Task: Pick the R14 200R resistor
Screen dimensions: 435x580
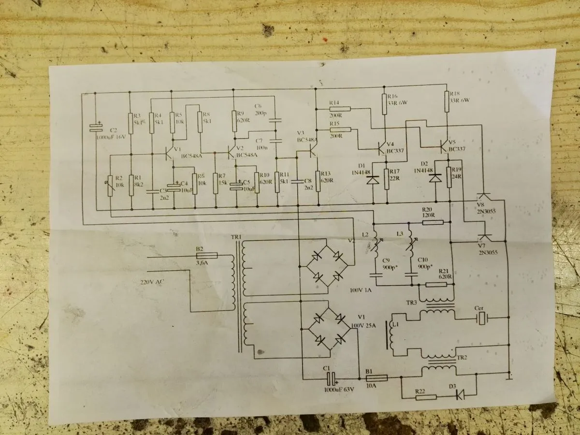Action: click(340, 109)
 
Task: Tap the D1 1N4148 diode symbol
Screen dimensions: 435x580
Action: click(373, 180)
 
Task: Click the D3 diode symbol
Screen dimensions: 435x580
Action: click(460, 395)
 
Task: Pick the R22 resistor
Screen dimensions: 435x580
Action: click(426, 397)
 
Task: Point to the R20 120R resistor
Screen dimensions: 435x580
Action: click(433, 223)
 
